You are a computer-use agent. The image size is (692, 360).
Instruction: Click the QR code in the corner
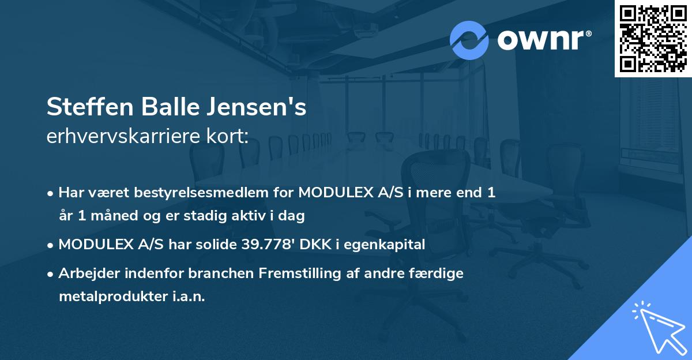653,38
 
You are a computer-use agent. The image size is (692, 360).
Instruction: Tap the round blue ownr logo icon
469,40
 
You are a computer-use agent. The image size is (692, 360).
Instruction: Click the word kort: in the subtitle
228,137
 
